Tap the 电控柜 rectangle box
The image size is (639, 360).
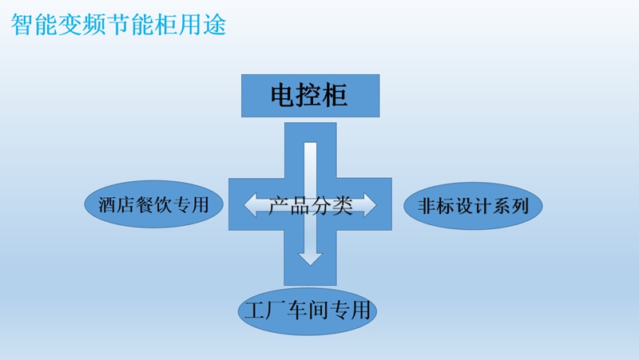click(310, 96)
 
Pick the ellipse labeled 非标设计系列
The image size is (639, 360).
click(473, 206)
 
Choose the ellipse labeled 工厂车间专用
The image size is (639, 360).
click(308, 309)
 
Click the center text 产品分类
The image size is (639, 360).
click(310, 205)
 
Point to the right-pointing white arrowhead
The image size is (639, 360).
click(368, 205)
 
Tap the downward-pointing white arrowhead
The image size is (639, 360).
click(310, 256)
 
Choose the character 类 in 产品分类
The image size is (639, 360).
click(343, 205)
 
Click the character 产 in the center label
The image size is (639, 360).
click(277, 205)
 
